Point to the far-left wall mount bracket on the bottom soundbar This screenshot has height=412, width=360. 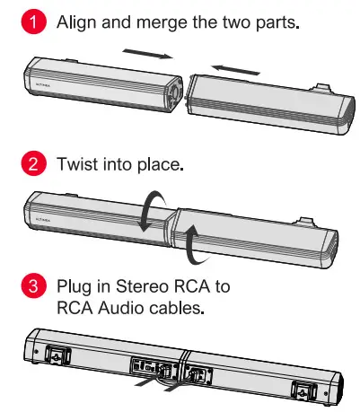57,356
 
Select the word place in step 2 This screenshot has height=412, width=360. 162,166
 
